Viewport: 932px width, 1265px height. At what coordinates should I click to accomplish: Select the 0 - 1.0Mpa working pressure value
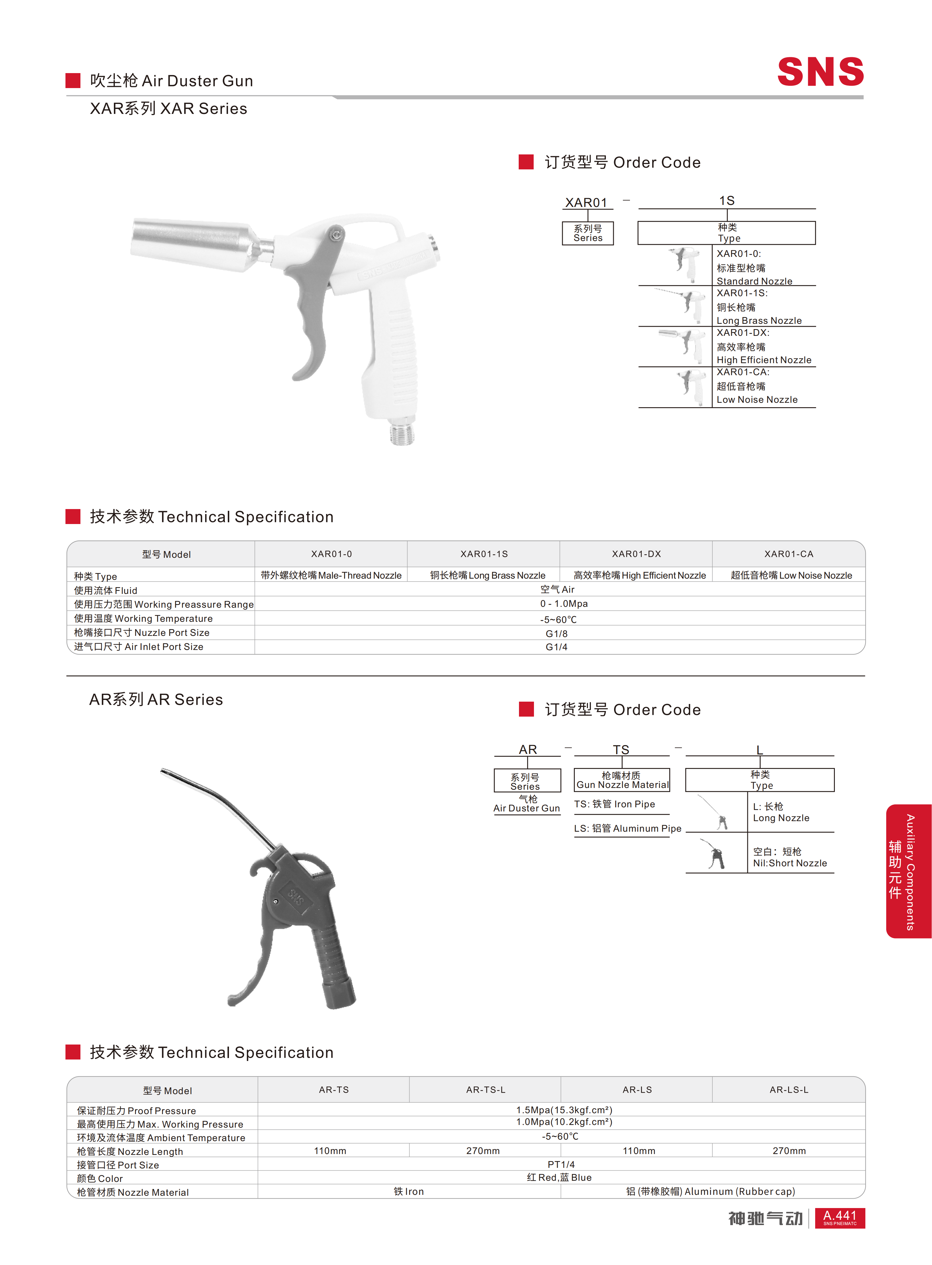click(x=564, y=604)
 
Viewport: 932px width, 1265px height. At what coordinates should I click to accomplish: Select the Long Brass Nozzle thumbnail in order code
click(x=680, y=305)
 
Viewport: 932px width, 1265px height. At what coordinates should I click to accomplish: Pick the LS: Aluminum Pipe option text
click(x=627, y=828)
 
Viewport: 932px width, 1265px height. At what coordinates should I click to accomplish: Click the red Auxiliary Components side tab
click(x=908, y=872)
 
